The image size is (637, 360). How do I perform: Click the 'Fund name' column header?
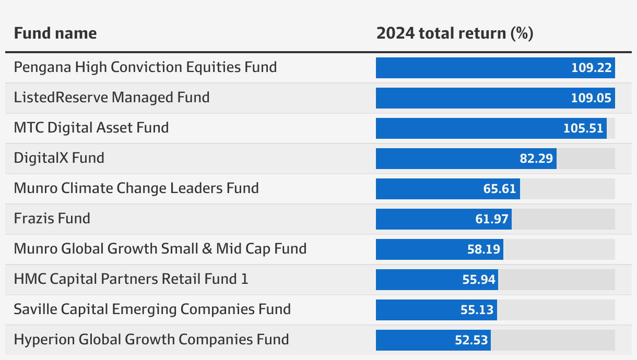point(55,33)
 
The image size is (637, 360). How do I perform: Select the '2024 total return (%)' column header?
point(455,33)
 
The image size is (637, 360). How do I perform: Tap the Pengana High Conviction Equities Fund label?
point(145,68)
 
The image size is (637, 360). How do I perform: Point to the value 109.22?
point(591,68)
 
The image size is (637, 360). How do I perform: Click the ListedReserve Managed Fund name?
point(112,98)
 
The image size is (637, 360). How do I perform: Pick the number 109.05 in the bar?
point(591,98)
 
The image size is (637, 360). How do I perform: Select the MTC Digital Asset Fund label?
point(91,128)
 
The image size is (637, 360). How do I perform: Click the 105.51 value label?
point(583,128)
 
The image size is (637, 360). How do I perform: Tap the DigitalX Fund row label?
point(59,158)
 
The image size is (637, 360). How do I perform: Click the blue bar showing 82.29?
point(466,159)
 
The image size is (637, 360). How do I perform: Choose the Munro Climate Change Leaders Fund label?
point(136,188)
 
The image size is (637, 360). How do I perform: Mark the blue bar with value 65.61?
point(448,189)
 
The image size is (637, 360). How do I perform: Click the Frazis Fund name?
point(52,219)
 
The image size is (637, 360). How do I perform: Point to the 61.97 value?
point(492,219)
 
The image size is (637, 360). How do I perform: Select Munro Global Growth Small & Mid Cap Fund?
point(160,249)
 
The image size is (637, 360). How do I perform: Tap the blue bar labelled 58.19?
point(440,249)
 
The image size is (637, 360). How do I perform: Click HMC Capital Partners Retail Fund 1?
point(131,279)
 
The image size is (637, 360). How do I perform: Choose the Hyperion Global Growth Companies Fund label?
point(151,340)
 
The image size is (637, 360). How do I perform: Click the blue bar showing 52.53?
point(433,340)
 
